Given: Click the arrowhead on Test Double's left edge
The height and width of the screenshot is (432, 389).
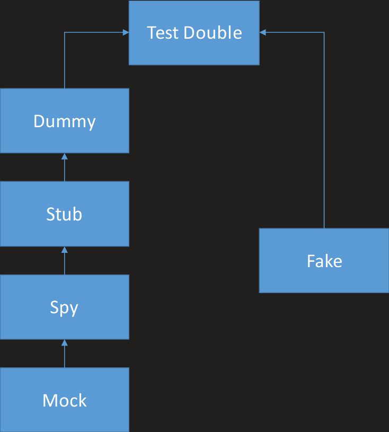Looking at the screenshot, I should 126,32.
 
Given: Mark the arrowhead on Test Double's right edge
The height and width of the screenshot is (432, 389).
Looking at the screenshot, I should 263,32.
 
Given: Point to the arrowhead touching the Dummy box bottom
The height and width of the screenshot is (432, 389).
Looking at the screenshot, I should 65,156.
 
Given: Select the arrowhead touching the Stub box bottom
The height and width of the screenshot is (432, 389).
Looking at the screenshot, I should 65,250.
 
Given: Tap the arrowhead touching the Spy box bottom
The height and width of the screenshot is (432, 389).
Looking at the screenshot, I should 65,343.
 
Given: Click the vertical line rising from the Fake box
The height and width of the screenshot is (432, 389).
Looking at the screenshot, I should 324,133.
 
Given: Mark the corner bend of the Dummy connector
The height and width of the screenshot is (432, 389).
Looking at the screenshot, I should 65,32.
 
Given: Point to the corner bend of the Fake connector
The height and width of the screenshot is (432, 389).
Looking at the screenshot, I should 324,32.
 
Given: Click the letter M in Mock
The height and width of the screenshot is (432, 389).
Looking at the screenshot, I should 49,401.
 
